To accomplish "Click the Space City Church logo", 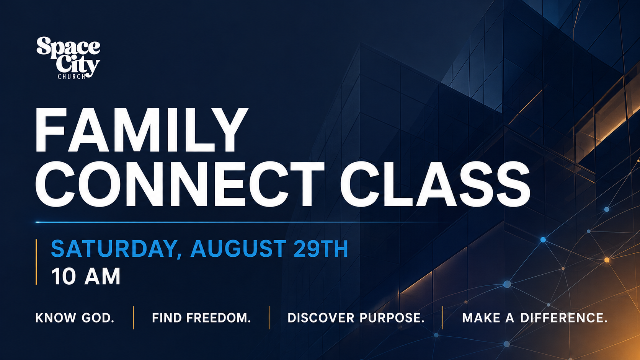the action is coord(68,58).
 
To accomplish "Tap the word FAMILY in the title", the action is coord(141,130).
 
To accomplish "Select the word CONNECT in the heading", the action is coord(180,184).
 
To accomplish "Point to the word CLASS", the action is coord(435,184).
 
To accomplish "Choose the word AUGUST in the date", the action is coord(238,249).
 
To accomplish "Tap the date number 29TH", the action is coord(321,249).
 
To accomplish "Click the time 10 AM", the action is coord(86,276).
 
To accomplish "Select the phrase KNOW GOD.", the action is coord(75,318).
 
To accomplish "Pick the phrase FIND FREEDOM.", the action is coord(201,318).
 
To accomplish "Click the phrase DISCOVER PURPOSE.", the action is coord(356,318).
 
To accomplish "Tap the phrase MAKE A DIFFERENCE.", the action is coord(535,318).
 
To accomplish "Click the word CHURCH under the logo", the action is coord(72,77).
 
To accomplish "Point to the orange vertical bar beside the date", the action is coord(36,262).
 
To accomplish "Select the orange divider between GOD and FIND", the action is coord(134,318).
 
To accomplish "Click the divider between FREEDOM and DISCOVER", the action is coord(269,318).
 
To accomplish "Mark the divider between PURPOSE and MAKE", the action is coord(443,318).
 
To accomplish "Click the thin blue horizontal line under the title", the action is coord(240,222).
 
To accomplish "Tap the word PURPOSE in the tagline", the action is coord(392,318).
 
